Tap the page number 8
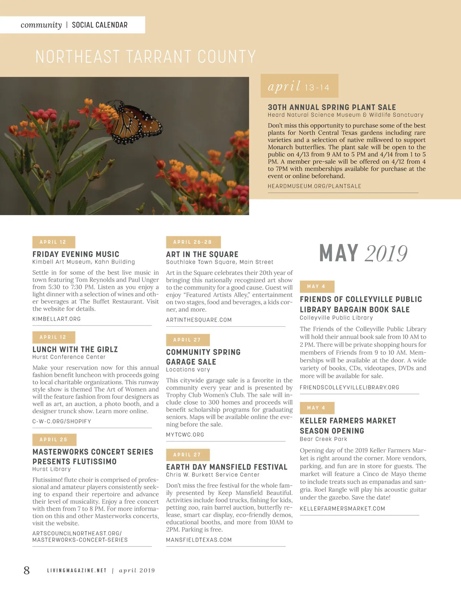point(27,570)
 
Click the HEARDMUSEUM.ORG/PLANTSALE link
point(314,186)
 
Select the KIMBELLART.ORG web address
point(56,319)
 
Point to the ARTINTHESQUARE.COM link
point(199,320)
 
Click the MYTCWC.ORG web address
point(185,435)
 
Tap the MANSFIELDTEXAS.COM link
point(199,540)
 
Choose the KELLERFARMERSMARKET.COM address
point(342,508)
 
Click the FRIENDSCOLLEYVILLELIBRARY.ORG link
point(349,387)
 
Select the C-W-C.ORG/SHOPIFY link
point(61,421)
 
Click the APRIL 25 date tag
point(54,440)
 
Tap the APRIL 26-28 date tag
point(193,242)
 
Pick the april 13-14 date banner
point(299,86)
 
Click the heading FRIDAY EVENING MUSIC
point(76,254)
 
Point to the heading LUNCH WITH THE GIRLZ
point(75,349)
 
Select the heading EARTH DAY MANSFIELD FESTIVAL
point(227,467)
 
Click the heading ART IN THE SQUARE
point(202,254)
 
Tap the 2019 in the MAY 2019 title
point(386,254)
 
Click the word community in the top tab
point(41,25)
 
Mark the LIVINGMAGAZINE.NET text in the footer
point(77,571)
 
